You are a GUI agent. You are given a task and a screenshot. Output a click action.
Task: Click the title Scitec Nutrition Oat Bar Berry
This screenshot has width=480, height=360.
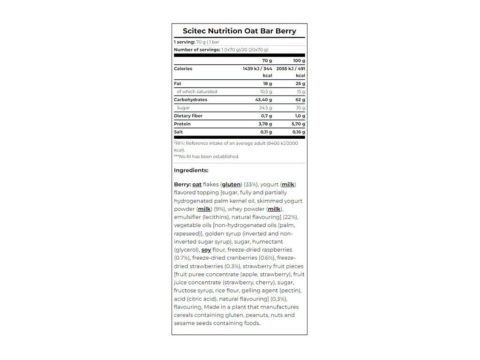[239, 31]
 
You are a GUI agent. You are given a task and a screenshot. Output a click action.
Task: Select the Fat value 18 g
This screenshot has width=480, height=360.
[267, 83]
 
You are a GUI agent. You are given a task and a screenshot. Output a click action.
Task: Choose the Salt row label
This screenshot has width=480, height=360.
[178, 132]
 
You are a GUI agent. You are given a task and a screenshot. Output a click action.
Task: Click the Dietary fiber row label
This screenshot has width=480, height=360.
[187, 116]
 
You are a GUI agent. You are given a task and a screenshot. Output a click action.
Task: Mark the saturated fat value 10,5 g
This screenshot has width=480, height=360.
[266, 92]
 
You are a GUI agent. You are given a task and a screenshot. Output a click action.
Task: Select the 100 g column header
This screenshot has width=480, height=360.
[298, 60]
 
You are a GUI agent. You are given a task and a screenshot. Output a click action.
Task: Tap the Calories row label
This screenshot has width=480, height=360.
[183, 68]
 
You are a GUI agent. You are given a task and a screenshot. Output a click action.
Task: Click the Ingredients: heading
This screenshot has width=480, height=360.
[191, 170]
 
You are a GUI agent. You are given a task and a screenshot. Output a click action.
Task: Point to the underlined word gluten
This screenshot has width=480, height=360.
[231, 185]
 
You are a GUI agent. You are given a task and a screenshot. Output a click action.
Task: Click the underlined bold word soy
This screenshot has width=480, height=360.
[206, 250]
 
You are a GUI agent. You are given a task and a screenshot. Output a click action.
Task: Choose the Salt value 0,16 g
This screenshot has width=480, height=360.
[296, 132]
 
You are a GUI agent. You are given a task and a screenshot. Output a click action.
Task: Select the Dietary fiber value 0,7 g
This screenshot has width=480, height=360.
[266, 116]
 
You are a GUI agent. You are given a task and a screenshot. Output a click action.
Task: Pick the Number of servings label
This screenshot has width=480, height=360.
[197, 50]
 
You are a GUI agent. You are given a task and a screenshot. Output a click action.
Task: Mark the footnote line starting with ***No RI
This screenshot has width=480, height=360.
[206, 157]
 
